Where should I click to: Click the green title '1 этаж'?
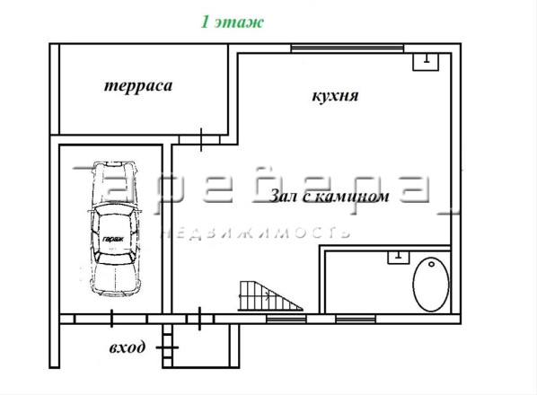[x=232, y=22]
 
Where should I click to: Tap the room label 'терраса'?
[x=138, y=86]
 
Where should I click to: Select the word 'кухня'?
[x=335, y=96]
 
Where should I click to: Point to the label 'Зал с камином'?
[x=330, y=197]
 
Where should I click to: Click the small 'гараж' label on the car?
[x=113, y=239]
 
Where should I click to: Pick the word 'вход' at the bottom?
[x=127, y=347]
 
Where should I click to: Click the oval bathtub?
[x=431, y=285]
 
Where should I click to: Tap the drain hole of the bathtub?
[x=432, y=264]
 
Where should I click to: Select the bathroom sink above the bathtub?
[x=399, y=257]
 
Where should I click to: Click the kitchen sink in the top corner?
[x=426, y=62]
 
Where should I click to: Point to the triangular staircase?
[x=270, y=296]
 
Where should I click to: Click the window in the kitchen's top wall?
[x=348, y=48]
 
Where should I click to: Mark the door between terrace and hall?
[x=201, y=140]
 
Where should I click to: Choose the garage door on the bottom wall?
[x=111, y=319]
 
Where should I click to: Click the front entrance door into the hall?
[x=199, y=319]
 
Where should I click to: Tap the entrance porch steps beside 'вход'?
[x=167, y=346]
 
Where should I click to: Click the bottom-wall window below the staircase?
[x=286, y=320]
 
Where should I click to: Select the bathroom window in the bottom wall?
[x=356, y=320]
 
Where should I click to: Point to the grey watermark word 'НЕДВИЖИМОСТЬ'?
[x=256, y=233]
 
